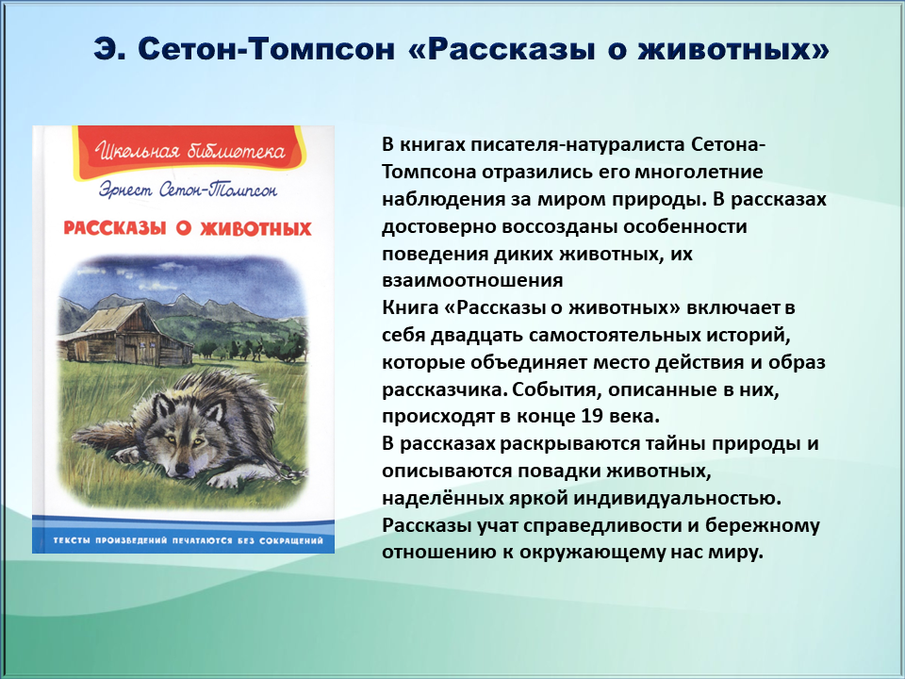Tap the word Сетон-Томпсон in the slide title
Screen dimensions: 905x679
[x=267, y=49]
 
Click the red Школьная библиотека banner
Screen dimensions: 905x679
[x=189, y=151]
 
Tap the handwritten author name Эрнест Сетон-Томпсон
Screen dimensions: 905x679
[x=189, y=190]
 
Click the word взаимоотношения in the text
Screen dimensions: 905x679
[x=472, y=280]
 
